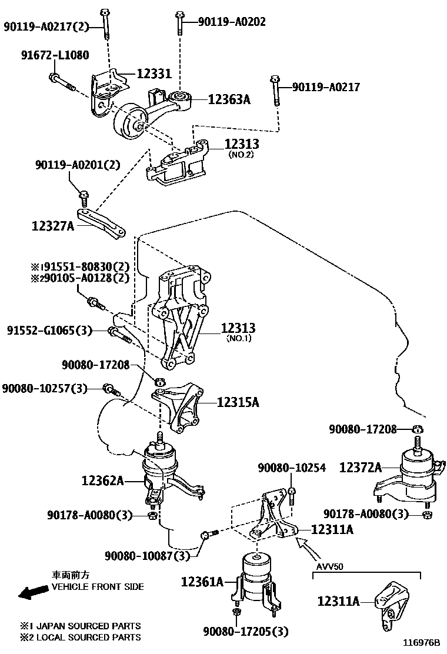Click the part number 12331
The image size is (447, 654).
coord(154,74)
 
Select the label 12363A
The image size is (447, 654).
coord(229,99)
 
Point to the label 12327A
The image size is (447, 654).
coord(53,225)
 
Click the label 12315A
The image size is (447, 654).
coord(238,402)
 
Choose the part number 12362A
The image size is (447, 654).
coord(103,481)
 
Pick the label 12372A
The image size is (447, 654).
coord(360,468)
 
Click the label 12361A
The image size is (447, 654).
coord(202,582)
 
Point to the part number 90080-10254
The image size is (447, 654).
coord(291,468)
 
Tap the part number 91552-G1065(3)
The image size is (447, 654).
coord(49,331)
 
